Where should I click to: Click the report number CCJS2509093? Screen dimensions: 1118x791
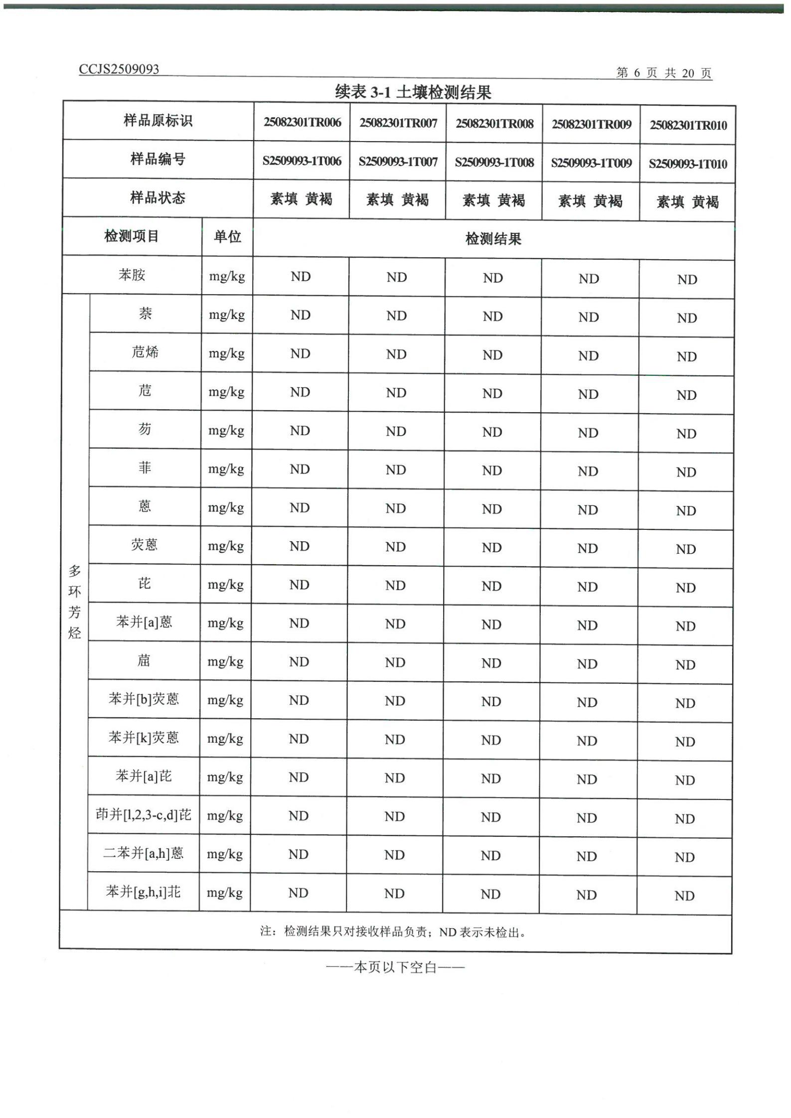pos(119,69)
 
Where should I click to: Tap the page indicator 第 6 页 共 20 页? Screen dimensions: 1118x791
pos(663,73)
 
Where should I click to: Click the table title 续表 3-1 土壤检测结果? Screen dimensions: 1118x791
pos(413,92)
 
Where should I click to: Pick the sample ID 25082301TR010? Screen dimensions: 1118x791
pos(688,126)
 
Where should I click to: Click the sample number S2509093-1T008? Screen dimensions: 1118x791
pos(494,162)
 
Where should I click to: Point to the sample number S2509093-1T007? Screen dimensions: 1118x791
pos(398,162)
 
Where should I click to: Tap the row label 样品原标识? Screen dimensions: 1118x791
pos(158,121)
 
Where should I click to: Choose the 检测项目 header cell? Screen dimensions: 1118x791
pos(132,236)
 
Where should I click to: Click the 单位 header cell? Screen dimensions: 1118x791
pos(227,236)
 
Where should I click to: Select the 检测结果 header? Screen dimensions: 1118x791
pos(493,239)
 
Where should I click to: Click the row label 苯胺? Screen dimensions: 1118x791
pos(132,275)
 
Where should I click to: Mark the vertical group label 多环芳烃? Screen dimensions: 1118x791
pos(74,602)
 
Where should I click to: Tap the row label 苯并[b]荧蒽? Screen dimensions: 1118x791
pos(144,699)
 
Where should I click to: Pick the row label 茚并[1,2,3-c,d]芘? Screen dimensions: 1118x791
pos(144,814)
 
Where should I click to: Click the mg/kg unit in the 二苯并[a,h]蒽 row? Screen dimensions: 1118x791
pos(224,854)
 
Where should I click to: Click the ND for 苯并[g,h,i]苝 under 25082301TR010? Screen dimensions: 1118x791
pos(684,896)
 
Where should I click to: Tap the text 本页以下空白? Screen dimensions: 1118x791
pos(395,967)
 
